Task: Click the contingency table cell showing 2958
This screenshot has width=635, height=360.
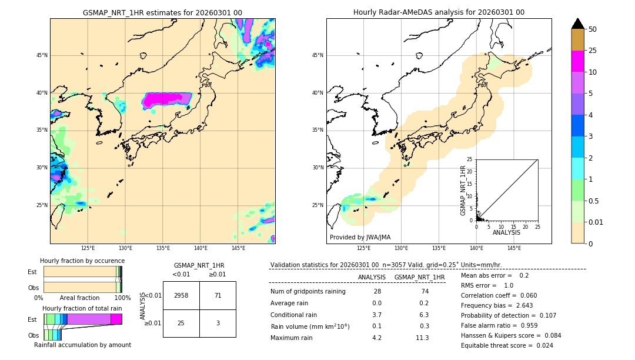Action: pyautogui.click(x=181, y=295)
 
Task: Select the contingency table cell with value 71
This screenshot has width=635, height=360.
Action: pyautogui.click(x=218, y=295)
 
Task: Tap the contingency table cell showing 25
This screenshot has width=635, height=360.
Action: pyautogui.click(x=181, y=323)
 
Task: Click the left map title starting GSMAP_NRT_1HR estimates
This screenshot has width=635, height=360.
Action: pyautogui.click(x=162, y=12)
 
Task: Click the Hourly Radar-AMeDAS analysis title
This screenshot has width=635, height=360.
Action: pyautogui.click(x=439, y=12)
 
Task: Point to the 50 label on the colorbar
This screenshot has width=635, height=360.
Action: pyautogui.click(x=593, y=29)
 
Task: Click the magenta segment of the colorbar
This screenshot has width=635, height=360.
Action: pyautogui.click(x=578, y=61)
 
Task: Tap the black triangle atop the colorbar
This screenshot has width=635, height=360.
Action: pyautogui.click(x=578, y=24)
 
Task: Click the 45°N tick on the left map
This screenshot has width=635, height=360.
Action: pyautogui.click(x=42, y=55)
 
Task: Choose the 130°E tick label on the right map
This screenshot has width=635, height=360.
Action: pyautogui.click(x=401, y=248)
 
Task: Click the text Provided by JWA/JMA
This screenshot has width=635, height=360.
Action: pyautogui.click(x=360, y=238)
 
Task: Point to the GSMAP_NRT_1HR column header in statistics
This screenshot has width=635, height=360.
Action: pyautogui.click(x=419, y=277)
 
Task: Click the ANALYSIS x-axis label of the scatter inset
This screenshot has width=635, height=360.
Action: pyautogui.click(x=506, y=232)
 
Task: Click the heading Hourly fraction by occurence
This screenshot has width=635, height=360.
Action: pyautogui.click(x=82, y=261)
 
